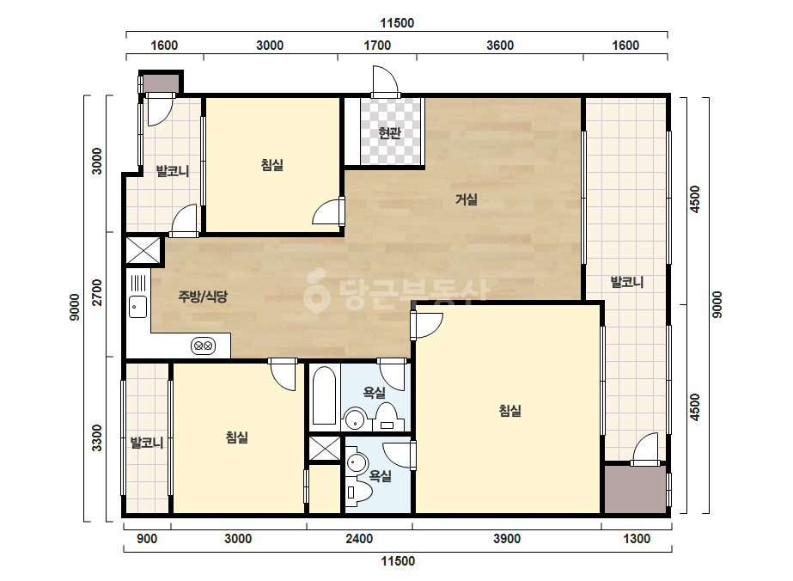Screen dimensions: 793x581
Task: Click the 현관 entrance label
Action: pos(389,133)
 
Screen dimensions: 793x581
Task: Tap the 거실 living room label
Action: pos(467,199)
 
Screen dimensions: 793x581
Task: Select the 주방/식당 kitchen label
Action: pos(203,296)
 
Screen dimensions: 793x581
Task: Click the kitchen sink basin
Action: pos(137,307)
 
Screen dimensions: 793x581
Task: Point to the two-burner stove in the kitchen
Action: pos(204,346)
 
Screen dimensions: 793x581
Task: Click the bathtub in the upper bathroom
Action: pos(324,395)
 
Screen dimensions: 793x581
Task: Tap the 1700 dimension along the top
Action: pos(377,46)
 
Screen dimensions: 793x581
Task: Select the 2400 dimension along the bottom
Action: pos(359,539)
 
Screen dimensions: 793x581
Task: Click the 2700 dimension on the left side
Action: pos(96,292)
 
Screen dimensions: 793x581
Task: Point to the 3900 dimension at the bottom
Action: pos(507,539)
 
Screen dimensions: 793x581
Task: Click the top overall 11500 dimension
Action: pos(397,23)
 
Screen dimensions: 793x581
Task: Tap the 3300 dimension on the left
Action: pos(96,437)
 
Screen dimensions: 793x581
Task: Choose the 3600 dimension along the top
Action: pos(500,46)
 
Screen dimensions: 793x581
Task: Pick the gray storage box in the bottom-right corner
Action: pos(635,489)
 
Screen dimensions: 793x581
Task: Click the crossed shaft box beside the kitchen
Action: pos(143,250)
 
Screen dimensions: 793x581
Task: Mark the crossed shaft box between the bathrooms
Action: pos(325,449)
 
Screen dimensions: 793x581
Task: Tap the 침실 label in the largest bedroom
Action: pos(509,411)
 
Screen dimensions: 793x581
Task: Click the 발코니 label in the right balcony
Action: pos(626,282)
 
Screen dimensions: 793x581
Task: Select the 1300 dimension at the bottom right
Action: pos(637,539)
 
